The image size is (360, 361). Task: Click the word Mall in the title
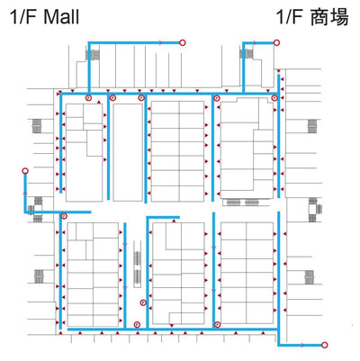(61, 17)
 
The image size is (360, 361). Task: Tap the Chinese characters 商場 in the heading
(329, 17)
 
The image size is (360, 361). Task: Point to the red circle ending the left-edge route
(25, 171)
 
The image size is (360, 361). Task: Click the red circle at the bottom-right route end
(324, 345)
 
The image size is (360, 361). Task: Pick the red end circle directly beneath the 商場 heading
(277, 43)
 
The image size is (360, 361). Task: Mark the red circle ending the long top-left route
(183, 42)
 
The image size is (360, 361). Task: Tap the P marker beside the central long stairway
(143, 302)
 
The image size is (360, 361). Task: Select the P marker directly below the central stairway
(137, 324)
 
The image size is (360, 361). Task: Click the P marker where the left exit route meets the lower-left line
(64, 215)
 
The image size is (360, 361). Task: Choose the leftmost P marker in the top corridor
(88, 97)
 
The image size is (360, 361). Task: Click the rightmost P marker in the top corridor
(274, 97)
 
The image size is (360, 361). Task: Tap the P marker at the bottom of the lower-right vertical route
(217, 325)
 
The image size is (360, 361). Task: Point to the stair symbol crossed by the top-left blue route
(93, 55)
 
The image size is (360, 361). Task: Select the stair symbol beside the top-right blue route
(247, 54)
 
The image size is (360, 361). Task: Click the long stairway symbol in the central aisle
(137, 264)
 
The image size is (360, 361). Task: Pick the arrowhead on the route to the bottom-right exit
(302, 345)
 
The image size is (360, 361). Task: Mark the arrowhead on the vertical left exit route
(25, 193)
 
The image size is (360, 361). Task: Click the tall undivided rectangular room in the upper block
(128, 152)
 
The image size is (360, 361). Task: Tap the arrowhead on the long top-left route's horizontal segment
(161, 42)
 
